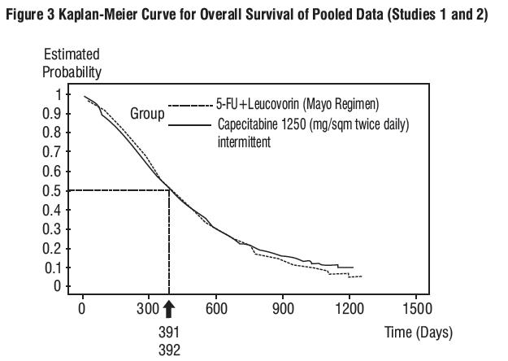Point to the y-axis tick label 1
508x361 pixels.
pos(58,94)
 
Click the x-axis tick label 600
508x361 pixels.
pos(216,309)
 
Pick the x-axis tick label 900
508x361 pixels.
pos(283,309)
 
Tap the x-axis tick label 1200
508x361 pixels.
pos(350,309)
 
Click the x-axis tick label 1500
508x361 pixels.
pos(416,309)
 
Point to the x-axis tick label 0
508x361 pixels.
pos(82,309)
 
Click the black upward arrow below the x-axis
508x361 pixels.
pos(168,309)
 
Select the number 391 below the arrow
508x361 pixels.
pos(168,333)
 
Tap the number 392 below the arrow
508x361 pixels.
pos(168,350)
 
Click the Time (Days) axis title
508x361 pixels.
pos(419,333)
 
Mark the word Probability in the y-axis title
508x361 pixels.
pos(72,72)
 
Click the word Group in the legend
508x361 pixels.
pos(147,114)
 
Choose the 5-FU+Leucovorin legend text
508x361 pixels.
pos(297,104)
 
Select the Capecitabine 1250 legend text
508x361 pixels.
pos(313,125)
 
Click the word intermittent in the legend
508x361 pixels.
pos(244,141)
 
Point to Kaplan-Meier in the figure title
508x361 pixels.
pos(97,15)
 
